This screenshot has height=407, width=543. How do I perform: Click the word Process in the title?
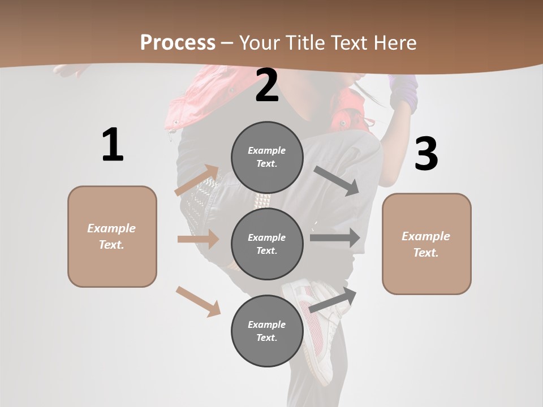[x=178, y=43]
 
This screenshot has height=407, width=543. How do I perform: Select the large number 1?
[x=113, y=145]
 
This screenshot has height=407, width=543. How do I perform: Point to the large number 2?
[x=267, y=85]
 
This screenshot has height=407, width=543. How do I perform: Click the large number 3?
[x=426, y=154]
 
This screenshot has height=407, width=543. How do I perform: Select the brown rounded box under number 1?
[x=112, y=236]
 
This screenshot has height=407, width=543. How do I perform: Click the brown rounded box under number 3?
[x=426, y=244]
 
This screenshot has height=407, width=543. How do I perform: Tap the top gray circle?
[x=267, y=157]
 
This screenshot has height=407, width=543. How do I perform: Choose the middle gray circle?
[x=267, y=244]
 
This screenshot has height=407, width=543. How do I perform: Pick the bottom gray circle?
[x=267, y=331]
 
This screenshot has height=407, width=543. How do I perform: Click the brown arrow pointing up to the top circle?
[x=197, y=180]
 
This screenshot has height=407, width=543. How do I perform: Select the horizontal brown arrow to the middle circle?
[x=198, y=239]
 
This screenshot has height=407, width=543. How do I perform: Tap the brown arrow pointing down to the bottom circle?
[x=199, y=301]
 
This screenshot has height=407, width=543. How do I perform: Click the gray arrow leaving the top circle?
[x=337, y=180]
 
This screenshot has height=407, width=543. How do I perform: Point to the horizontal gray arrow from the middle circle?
[x=335, y=237]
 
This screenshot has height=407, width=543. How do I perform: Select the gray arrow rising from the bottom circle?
[x=333, y=300]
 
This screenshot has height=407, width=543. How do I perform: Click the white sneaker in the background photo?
[x=317, y=328]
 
